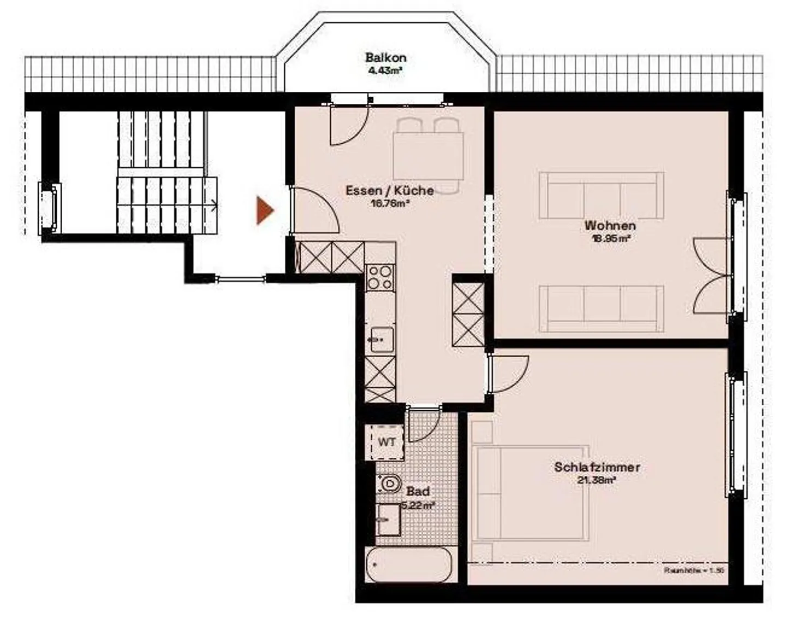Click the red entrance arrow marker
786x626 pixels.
pyautogui.click(x=265, y=211)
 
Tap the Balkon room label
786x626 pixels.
pyautogui.click(x=385, y=57)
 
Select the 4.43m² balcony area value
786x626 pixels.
pyautogui.click(x=385, y=70)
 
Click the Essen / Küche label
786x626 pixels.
pyautogui.click(x=390, y=191)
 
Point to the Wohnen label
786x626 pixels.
pyautogui.click(x=610, y=225)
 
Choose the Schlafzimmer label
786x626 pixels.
pyautogui.click(x=597, y=467)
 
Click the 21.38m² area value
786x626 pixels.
pyautogui.click(x=597, y=481)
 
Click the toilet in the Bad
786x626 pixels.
pyautogui.click(x=388, y=483)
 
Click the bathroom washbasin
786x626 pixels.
pyautogui.click(x=389, y=519)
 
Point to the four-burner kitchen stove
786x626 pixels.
pyautogui.click(x=379, y=277)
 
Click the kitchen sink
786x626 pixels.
pyautogui.click(x=380, y=340)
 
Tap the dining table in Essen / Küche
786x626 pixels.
pyautogui.click(x=428, y=156)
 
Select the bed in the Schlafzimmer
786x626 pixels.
pyautogui.click(x=529, y=493)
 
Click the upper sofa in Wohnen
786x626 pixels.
pyautogui.click(x=602, y=196)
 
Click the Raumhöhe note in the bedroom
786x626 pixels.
pyautogui.click(x=693, y=570)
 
